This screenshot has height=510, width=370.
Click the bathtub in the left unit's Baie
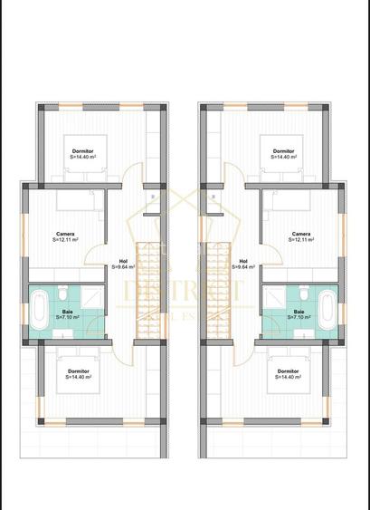pyautogui.click(x=38, y=311)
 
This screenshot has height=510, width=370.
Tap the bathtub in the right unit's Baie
pyautogui.click(x=330, y=311)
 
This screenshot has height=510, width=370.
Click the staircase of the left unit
pyautogui.click(x=147, y=290)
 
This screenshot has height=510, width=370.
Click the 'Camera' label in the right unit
pyautogui.click(x=302, y=234)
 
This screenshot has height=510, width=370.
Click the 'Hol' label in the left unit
pyautogui.click(x=123, y=261)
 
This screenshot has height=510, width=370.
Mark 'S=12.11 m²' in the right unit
pyautogui.click(x=303, y=240)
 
